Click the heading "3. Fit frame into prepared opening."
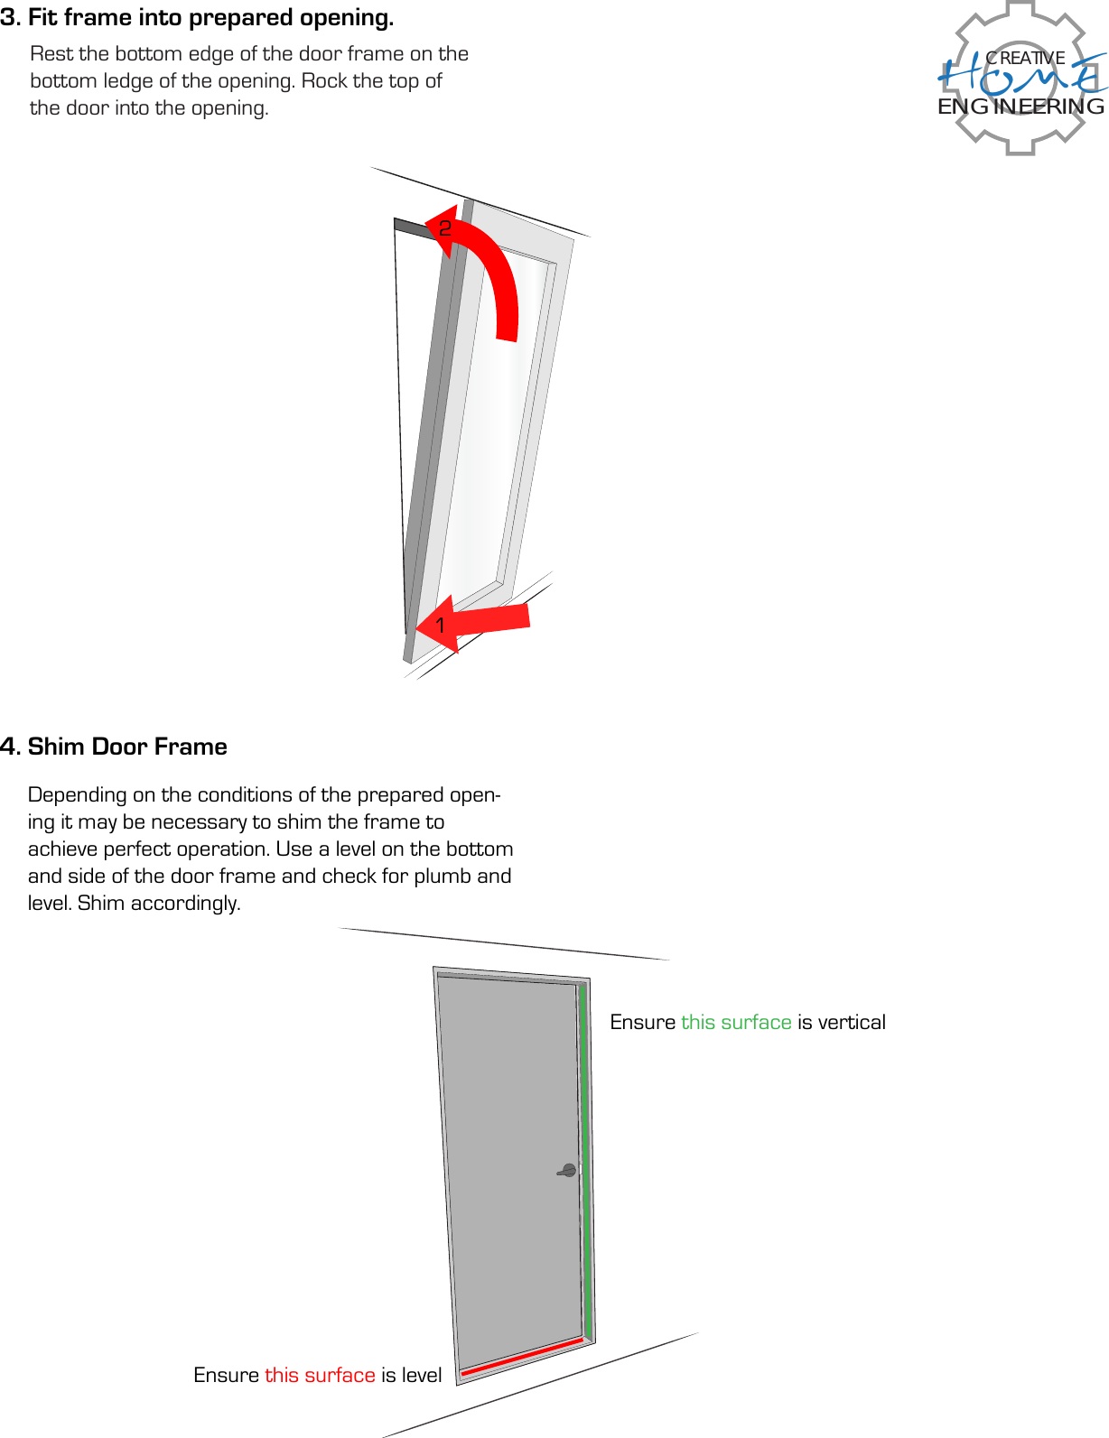pyautogui.click(x=197, y=18)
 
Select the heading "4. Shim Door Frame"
pyautogui.click(x=114, y=747)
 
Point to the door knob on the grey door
pyautogui.click(x=568, y=1171)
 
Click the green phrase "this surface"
pyautogui.click(x=736, y=1022)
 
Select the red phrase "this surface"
pyautogui.click(x=320, y=1375)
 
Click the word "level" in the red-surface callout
pyautogui.click(x=422, y=1375)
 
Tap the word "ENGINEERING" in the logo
pyautogui.click(x=1020, y=107)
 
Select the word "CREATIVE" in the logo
pyautogui.click(x=1025, y=58)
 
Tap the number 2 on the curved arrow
pyautogui.click(x=444, y=229)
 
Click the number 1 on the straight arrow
pyautogui.click(x=440, y=625)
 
